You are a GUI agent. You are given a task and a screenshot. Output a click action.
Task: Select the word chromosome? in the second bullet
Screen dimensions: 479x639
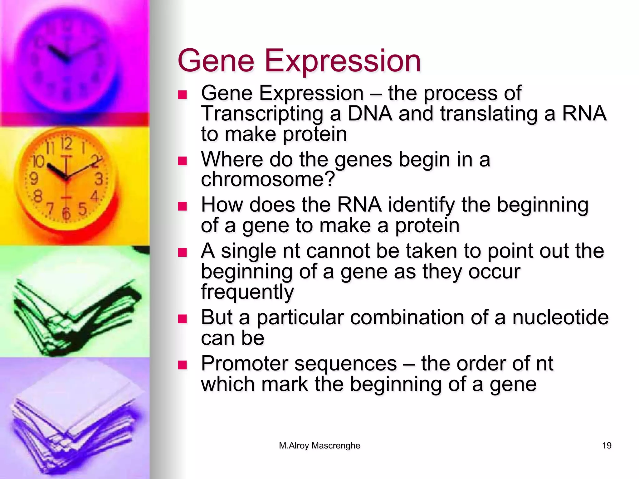click(x=268, y=179)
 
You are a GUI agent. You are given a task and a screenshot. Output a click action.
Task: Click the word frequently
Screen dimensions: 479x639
click(x=247, y=292)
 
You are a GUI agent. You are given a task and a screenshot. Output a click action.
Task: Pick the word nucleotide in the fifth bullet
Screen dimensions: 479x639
click(x=560, y=317)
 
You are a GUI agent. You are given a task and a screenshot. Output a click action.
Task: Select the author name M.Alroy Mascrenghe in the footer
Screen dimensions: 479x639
click(x=319, y=446)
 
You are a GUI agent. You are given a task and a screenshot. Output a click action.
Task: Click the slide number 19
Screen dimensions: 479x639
click(x=607, y=446)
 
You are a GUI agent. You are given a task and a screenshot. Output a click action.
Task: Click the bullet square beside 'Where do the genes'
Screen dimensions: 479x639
click(x=182, y=161)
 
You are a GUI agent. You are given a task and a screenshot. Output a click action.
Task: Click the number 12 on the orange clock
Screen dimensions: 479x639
click(x=66, y=144)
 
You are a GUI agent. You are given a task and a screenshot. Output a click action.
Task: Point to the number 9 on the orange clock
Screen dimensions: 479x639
click(x=34, y=179)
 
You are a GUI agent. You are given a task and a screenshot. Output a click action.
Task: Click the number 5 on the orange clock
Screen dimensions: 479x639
click(x=82, y=209)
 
